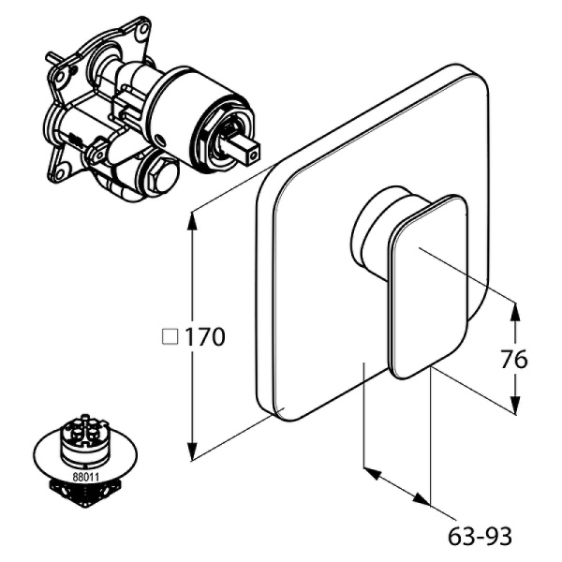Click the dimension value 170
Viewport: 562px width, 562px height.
pos(205,337)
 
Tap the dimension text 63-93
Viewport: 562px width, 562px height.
pos(481,536)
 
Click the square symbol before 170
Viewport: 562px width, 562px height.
pos(170,337)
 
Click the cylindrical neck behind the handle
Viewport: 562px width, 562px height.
pos(375,234)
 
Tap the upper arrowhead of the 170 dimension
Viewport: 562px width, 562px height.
pos(193,218)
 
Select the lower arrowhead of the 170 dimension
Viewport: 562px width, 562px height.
pos(193,452)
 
